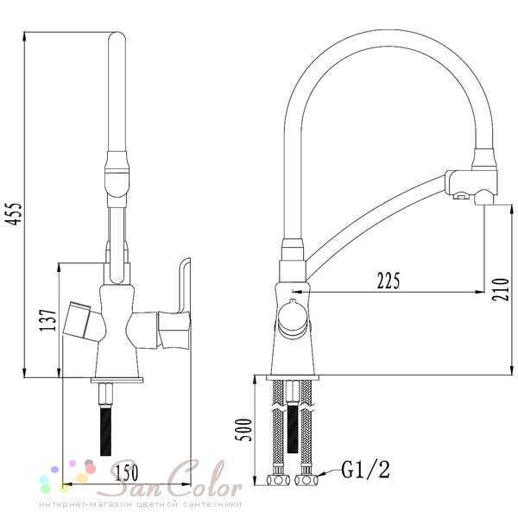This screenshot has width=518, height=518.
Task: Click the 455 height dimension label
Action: [15, 214]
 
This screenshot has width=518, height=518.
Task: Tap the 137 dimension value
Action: [47, 320]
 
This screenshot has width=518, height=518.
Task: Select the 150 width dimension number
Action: [126, 473]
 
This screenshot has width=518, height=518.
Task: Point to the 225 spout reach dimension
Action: [388, 281]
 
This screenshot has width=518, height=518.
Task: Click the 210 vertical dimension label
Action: [501, 289]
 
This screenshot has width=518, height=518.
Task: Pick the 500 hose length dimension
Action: [243, 430]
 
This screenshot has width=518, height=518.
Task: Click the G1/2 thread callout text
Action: [365, 470]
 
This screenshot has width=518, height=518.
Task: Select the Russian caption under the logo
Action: [141, 504]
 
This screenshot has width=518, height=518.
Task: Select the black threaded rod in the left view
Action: [105, 431]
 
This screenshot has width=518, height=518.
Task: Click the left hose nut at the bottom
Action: [278, 480]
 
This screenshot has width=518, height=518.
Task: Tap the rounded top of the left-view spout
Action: [117, 36]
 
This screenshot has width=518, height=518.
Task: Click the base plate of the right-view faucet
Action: [293, 377]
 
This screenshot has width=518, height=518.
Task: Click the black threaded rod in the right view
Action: [293, 428]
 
